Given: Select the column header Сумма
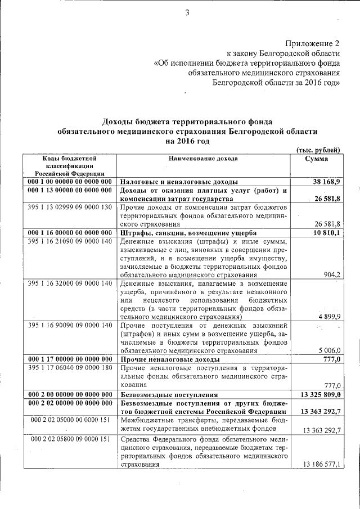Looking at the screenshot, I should pos(316,159).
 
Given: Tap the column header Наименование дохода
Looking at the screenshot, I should pos(203,159).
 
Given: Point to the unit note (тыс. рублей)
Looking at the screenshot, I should pos(318,150).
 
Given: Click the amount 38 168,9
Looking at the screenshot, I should pos(325,182).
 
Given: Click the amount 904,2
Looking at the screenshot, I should pos(330,275).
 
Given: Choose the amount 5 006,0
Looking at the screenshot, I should pos(329,350).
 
